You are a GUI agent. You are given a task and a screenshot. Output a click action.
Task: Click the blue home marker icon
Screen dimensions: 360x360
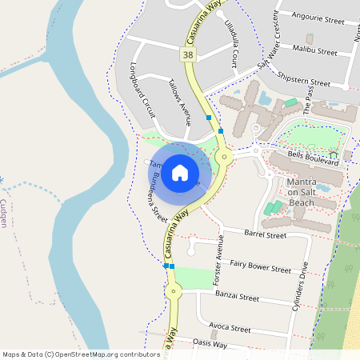click(x=180, y=173)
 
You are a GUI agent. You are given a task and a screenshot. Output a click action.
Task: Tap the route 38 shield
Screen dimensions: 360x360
click(x=187, y=54)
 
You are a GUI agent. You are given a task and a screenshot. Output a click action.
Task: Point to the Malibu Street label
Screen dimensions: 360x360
click(x=314, y=50)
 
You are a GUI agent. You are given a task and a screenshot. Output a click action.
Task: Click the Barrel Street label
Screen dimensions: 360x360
click(x=265, y=235)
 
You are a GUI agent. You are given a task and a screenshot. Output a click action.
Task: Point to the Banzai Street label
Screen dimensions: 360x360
click(x=237, y=297)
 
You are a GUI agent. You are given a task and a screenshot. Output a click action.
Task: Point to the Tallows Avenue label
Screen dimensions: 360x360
click(x=180, y=103)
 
